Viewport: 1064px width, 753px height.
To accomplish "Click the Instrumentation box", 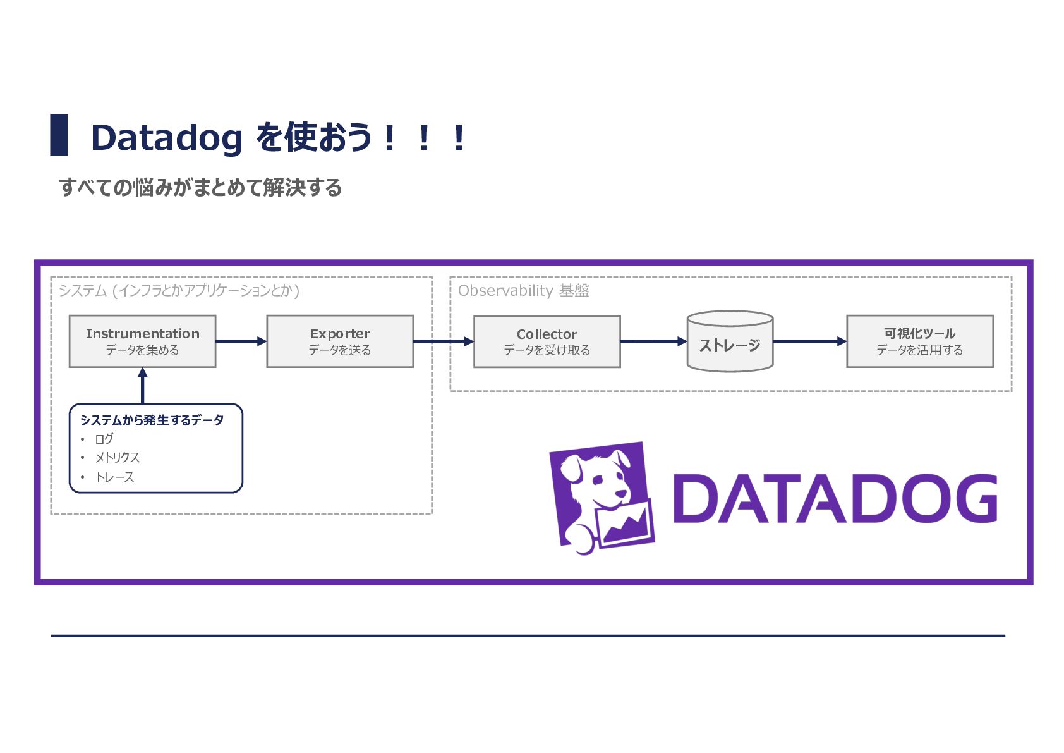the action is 143,341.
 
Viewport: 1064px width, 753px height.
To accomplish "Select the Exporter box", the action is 340,341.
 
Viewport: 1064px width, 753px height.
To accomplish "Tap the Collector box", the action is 547,341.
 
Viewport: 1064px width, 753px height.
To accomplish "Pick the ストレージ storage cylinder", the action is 730,341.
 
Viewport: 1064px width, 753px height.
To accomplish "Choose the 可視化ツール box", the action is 920,341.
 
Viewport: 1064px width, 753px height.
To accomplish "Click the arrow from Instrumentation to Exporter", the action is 241,341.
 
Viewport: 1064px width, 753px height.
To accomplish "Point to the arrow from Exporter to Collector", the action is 444,341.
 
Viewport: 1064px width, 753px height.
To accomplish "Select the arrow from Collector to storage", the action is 654,341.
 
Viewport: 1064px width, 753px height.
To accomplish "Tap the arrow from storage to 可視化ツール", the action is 810,341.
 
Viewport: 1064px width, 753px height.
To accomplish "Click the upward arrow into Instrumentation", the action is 143,386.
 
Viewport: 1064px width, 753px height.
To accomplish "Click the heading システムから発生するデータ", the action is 152,420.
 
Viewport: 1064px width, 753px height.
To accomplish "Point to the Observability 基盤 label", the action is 523,290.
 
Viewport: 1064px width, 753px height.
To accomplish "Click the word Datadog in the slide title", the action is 167,138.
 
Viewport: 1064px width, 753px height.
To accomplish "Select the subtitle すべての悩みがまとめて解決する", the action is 200,187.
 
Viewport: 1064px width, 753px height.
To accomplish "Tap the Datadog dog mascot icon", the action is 602,498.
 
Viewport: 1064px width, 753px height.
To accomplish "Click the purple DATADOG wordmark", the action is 835,498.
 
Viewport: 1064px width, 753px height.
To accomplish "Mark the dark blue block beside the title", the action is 59,135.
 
